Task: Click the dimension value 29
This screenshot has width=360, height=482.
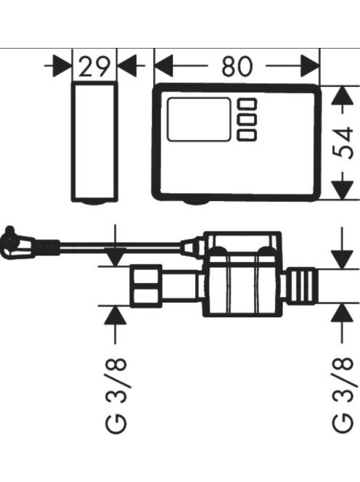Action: point(94,66)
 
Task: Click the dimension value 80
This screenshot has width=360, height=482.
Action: point(237,66)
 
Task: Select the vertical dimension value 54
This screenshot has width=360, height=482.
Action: point(343,143)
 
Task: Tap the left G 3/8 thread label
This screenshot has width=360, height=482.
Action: point(116,396)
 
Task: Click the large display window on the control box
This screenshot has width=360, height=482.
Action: point(199,120)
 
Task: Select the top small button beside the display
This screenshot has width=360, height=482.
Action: point(247,104)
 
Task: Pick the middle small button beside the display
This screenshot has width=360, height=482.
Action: point(247,119)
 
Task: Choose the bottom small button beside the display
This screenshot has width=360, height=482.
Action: point(247,135)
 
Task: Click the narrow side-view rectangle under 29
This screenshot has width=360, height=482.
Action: point(94,142)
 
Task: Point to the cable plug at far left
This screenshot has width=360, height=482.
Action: point(17,243)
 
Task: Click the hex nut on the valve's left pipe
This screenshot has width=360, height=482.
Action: point(146,286)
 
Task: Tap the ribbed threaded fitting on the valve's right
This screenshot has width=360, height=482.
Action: point(301,286)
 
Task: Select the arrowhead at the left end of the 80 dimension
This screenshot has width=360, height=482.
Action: point(163,66)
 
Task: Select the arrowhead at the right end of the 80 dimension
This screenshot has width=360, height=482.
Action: point(310,66)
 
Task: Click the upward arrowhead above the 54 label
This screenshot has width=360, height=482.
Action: point(342,96)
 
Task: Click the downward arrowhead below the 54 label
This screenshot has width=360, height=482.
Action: point(342,190)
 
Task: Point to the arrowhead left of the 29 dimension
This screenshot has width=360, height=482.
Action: point(62,66)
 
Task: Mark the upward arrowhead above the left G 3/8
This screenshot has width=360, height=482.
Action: point(115,315)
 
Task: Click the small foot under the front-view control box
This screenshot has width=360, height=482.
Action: point(196,202)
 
